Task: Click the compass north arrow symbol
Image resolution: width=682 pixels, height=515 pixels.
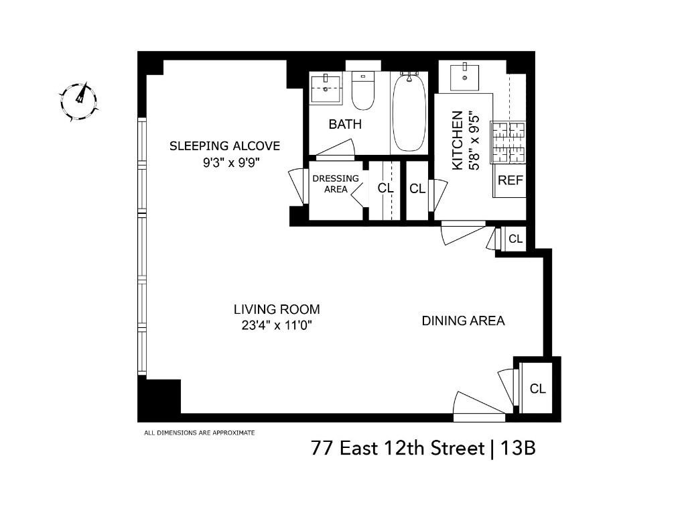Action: pyautogui.click(x=79, y=101)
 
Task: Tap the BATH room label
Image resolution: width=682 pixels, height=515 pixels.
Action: pyautogui.click(x=345, y=124)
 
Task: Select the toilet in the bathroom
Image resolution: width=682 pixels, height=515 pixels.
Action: pyautogui.click(x=362, y=91)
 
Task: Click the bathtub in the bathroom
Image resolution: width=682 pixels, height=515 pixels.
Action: pyautogui.click(x=409, y=112)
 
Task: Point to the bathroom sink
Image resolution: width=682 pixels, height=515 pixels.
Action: pyautogui.click(x=326, y=88)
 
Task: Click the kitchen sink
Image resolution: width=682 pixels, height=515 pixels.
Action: pyautogui.click(x=464, y=78)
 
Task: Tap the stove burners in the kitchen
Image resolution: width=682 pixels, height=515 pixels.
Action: pyautogui.click(x=508, y=142)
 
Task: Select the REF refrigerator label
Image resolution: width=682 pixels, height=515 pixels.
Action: pyautogui.click(x=510, y=180)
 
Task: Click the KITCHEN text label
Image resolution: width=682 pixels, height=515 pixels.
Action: pyautogui.click(x=457, y=140)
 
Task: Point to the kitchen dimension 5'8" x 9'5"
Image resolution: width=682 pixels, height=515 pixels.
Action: pyautogui.click(x=474, y=140)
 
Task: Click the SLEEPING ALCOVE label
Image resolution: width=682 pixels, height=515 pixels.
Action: pyautogui.click(x=224, y=146)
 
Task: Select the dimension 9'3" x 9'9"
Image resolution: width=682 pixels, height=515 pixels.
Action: pyautogui.click(x=231, y=162)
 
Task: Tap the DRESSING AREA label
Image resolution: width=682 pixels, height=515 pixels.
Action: pyautogui.click(x=336, y=184)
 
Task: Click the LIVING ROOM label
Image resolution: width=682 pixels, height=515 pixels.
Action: pyautogui.click(x=277, y=310)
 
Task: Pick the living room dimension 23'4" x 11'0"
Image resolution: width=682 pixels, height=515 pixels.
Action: pyautogui.click(x=277, y=325)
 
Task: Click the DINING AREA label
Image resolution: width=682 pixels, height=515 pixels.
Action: pyautogui.click(x=463, y=321)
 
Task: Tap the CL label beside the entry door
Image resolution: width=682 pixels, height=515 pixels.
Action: pyautogui.click(x=537, y=388)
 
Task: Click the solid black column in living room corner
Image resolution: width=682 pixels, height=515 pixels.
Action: pyautogui.click(x=159, y=396)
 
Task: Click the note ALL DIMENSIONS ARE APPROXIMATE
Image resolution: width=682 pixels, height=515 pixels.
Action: pyautogui.click(x=199, y=433)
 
